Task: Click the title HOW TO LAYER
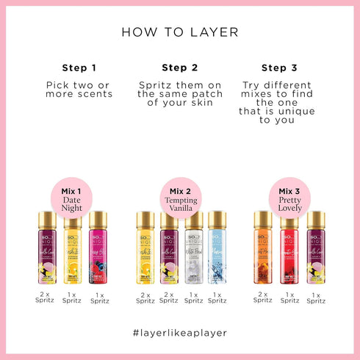click(179, 32)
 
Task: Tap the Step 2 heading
click(179, 68)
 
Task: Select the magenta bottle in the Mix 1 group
click(97, 250)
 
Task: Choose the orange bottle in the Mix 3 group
click(263, 250)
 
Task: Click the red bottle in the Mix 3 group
click(289, 250)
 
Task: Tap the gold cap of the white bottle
click(193, 218)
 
